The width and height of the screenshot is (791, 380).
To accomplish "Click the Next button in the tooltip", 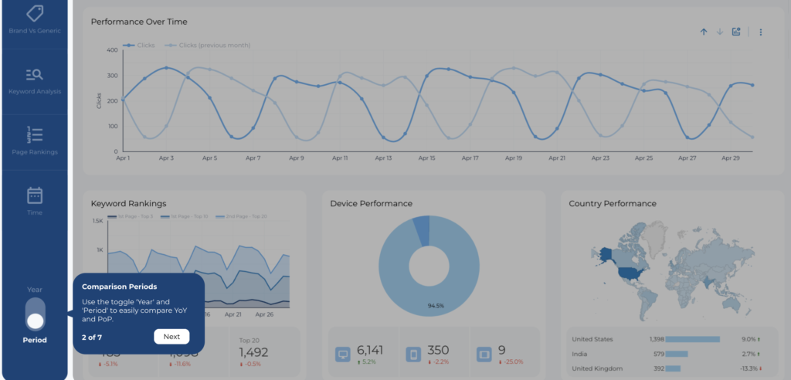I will (x=171, y=336).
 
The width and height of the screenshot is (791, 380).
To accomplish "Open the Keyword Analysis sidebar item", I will (x=35, y=80).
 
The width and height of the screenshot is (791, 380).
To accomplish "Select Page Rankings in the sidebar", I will (x=35, y=140).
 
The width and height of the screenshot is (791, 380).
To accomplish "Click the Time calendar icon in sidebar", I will (x=35, y=195).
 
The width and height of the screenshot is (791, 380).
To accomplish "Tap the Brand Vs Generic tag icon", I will (x=35, y=13).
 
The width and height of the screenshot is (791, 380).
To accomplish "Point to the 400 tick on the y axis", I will (x=112, y=50).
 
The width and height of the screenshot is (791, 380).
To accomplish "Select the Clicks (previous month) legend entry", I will (x=214, y=45).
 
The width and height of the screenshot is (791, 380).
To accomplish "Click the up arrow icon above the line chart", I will (x=704, y=32).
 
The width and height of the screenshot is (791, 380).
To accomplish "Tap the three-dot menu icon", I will (x=761, y=32).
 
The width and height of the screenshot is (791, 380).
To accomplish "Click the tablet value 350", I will (x=437, y=350).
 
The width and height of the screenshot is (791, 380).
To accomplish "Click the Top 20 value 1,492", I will (x=253, y=352).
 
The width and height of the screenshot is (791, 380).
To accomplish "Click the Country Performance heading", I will (x=613, y=203).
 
